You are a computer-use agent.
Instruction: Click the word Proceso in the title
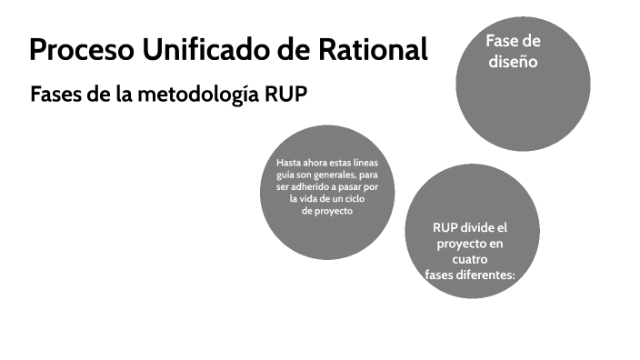pos(81,50)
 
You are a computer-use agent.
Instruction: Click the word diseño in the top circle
pos(513,62)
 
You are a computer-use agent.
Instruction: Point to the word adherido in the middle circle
pos(309,186)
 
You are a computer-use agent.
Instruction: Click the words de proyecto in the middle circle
pos(326,210)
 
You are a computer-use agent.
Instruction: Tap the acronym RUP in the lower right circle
pos(446,227)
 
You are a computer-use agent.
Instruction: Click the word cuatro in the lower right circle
pos(470,259)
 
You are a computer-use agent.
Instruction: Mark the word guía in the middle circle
pos(285,175)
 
